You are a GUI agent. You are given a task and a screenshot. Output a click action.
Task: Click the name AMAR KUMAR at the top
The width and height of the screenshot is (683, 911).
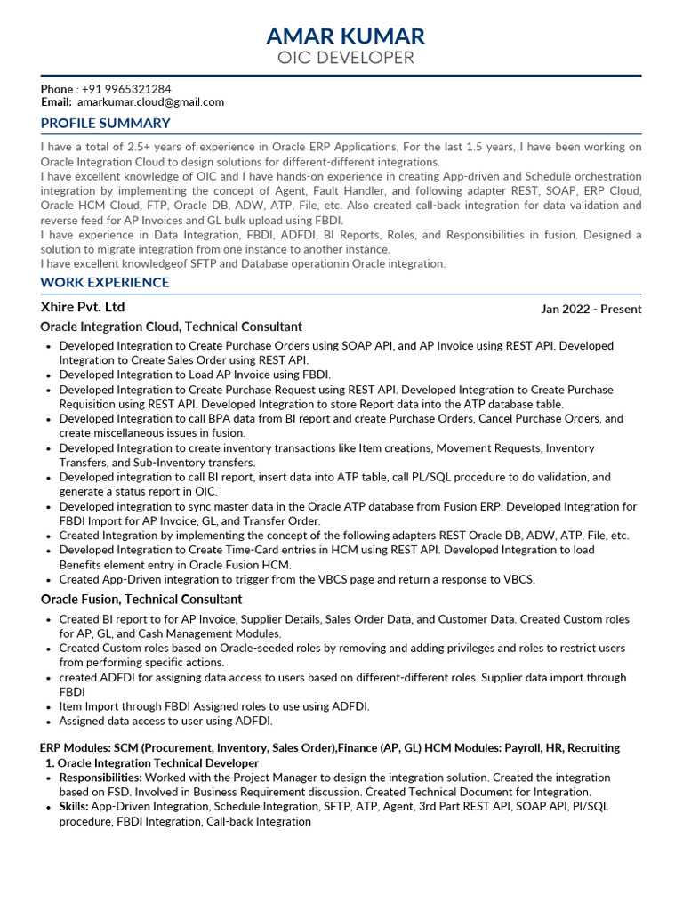346,36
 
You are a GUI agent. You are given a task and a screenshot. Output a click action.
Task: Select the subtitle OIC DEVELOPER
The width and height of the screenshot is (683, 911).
346,59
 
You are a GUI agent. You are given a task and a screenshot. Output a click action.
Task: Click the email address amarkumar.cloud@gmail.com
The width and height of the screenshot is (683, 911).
150,102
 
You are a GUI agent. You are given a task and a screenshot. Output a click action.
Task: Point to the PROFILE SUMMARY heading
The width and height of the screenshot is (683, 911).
105,123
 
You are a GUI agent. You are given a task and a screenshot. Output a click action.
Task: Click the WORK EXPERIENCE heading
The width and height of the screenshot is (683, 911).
104,283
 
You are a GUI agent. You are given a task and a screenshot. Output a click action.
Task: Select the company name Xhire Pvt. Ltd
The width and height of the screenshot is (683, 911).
83,307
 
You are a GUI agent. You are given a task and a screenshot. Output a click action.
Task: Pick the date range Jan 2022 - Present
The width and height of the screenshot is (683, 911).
591,310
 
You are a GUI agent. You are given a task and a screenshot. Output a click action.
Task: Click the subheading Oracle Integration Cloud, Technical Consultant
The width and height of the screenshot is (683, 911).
172,327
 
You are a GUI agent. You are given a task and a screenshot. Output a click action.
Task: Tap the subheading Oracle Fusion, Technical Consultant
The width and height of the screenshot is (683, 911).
141,599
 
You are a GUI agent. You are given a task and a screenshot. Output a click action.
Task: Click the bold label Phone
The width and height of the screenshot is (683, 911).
57,89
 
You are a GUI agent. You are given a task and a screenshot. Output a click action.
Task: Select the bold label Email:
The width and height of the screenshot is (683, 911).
56,102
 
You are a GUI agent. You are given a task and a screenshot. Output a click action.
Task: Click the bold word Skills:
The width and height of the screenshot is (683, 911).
74,806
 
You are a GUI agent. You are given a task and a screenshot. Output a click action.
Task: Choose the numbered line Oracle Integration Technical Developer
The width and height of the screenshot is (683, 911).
158,763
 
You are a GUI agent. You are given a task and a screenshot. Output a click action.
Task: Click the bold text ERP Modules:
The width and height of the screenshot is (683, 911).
76,748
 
